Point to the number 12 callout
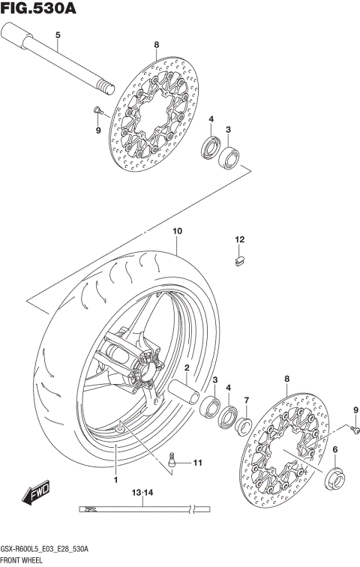click(x=240, y=240)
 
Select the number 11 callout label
click(x=197, y=463)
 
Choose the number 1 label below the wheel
click(x=116, y=479)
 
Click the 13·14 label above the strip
click(x=142, y=493)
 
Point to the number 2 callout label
click(x=186, y=367)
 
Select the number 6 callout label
click(x=335, y=449)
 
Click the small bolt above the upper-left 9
click(x=97, y=112)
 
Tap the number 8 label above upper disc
click(x=156, y=45)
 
